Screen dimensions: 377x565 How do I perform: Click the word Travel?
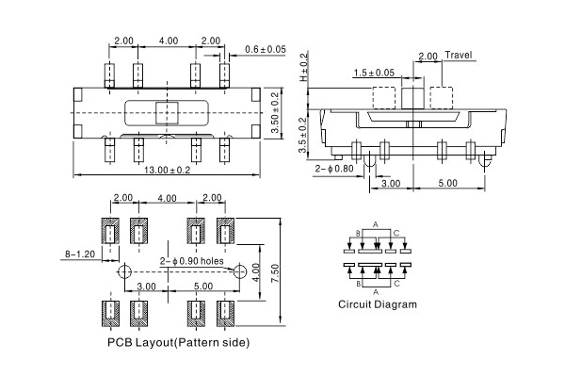[x=458, y=56]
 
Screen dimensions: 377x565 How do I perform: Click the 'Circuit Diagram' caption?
[x=378, y=304]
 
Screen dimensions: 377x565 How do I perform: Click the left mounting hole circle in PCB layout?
[x=124, y=271]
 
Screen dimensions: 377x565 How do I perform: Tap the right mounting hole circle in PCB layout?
[x=236, y=271]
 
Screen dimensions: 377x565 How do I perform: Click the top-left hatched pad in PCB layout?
[x=109, y=232]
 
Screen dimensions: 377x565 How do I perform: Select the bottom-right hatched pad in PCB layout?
[x=226, y=311]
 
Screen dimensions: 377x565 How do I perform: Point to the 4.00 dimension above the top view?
[x=169, y=41]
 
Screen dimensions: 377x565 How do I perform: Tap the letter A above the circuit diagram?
[x=376, y=223]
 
